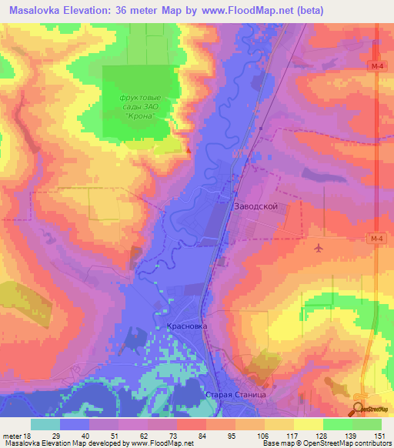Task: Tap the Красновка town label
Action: click(187, 326)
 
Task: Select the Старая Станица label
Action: click(235, 394)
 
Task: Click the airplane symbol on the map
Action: click(319, 248)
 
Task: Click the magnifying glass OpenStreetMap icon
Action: click(359, 410)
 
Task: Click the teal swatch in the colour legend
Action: click(45, 424)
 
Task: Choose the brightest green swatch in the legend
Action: click(367, 424)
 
